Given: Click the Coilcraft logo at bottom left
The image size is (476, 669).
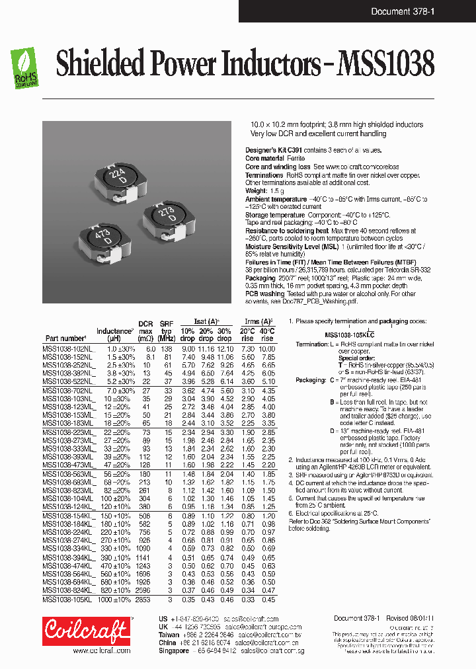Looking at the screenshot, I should tap(87, 631).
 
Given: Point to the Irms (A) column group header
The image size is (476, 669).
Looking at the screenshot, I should tap(258, 321).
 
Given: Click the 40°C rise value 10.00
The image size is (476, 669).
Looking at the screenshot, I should tap(267, 348).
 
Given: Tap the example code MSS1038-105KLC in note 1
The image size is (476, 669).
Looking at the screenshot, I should tap(350, 334).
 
